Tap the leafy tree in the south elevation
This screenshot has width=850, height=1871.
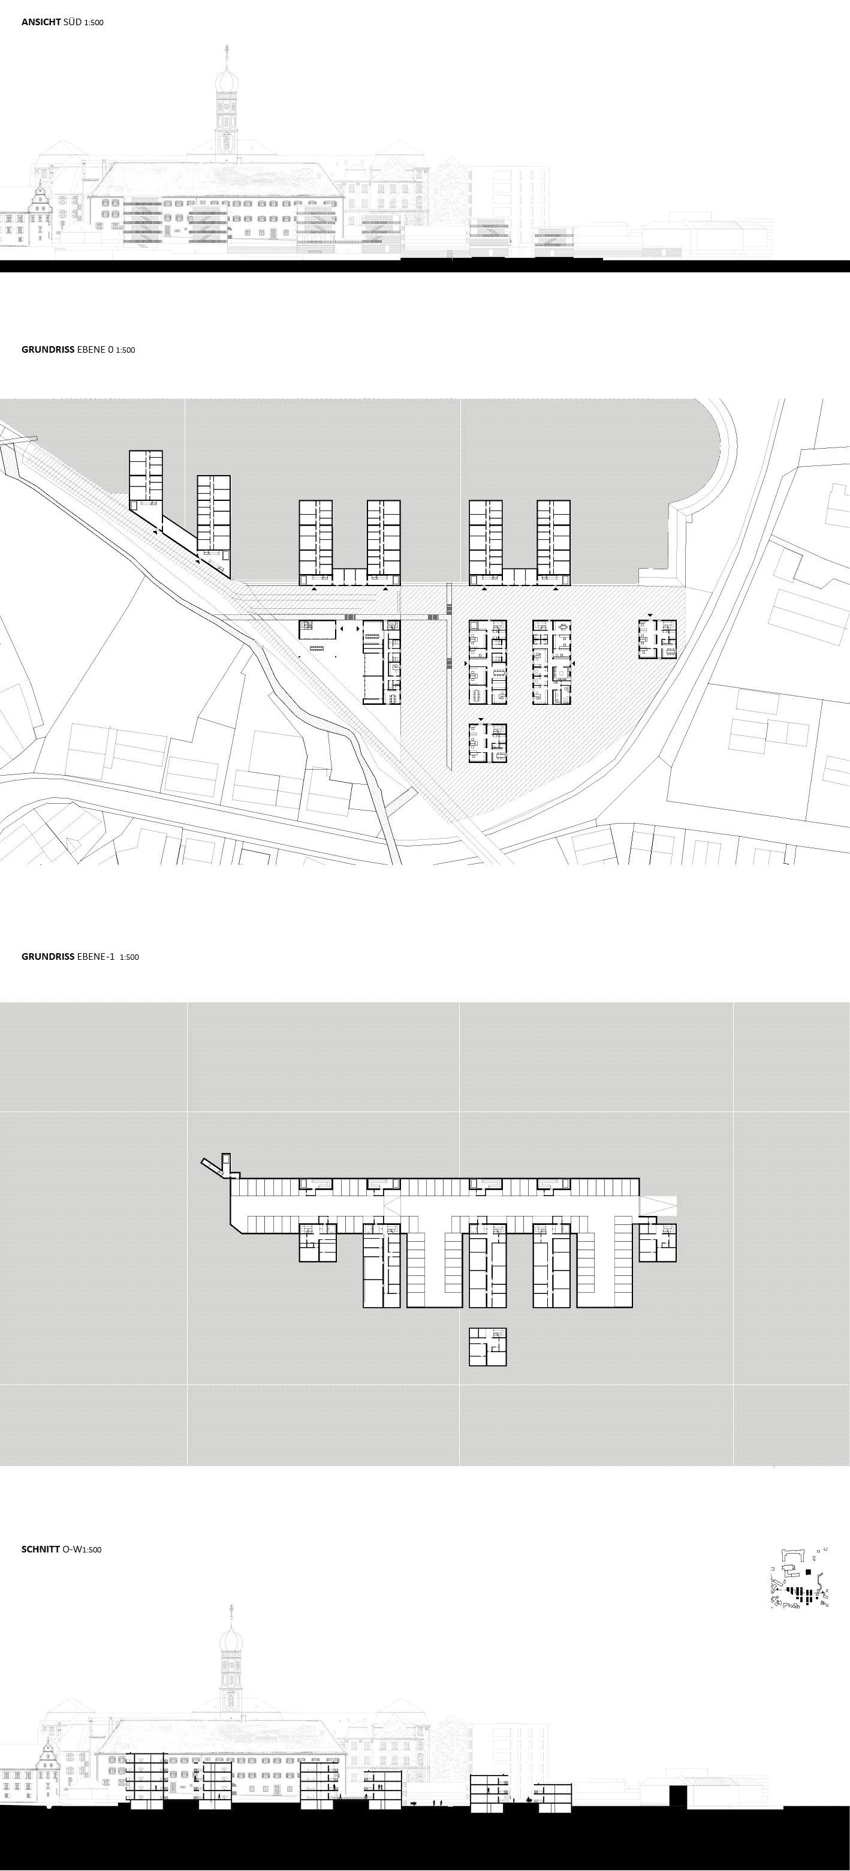coord(450,189)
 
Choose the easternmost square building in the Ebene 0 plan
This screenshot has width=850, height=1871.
coord(658,639)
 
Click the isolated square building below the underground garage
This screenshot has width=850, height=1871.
coord(487,1347)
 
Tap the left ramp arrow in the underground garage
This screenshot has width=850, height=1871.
coord(393,1206)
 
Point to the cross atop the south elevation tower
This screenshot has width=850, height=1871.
coord(227,50)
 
